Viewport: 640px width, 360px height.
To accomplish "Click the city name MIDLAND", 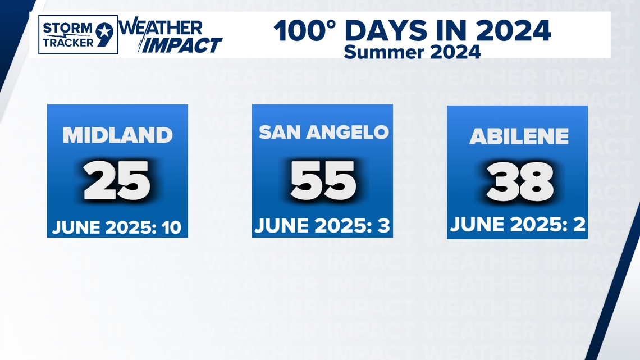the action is [x=117, y=135].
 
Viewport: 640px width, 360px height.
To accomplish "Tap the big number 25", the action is [x=117, y=180].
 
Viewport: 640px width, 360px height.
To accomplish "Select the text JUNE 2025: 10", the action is [x=117, y=227].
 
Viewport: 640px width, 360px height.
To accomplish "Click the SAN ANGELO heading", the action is [x=324, y=132].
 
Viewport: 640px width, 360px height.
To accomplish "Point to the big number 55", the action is [x=323, y=180].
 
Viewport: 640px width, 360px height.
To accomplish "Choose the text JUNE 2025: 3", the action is [x=322, y=226].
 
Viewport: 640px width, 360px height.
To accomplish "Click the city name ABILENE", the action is [x=519, y=136].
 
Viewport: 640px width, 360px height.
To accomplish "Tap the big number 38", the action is [x=520, y=181].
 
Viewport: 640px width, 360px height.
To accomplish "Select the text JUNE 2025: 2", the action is [x=518, y=225].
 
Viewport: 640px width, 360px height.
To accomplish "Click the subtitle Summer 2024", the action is [x=412, y=52].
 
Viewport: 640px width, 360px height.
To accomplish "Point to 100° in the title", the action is [x=304, y=31].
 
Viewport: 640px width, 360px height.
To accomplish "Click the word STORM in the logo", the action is [x=67, y=29].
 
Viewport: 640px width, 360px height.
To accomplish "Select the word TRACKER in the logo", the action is [x=68, y=43].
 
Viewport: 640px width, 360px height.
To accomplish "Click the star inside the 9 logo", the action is [x=105, y=31].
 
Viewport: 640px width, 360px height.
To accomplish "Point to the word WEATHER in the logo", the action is [x=161, y=28].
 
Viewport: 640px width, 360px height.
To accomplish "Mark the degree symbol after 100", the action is [x=331, y=25].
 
